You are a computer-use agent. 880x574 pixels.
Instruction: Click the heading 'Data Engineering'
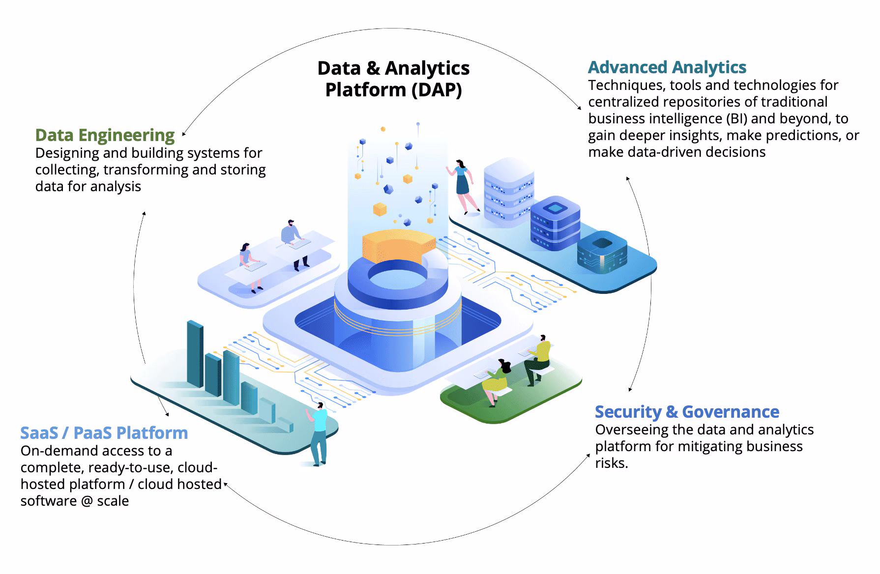(105, 135)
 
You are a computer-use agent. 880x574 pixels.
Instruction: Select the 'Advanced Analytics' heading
(667, 67)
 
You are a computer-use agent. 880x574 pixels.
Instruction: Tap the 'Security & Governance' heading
(686, 412)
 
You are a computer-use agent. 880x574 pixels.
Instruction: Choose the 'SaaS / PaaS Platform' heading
(104, 433)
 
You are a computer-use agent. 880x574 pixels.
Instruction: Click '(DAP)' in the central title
(437, 90)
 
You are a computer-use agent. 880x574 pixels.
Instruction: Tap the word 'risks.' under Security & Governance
(611, 463)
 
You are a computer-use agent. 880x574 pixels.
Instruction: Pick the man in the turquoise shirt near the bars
(319, 432)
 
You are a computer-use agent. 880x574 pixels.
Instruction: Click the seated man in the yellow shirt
(538, 359)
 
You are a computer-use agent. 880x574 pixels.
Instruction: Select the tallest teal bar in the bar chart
(195, 354)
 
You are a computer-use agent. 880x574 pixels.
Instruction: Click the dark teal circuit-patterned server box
(602, 253)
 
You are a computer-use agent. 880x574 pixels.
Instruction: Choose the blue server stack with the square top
(555, 224)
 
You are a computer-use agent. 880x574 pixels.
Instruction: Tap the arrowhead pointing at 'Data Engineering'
(183, 134)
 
